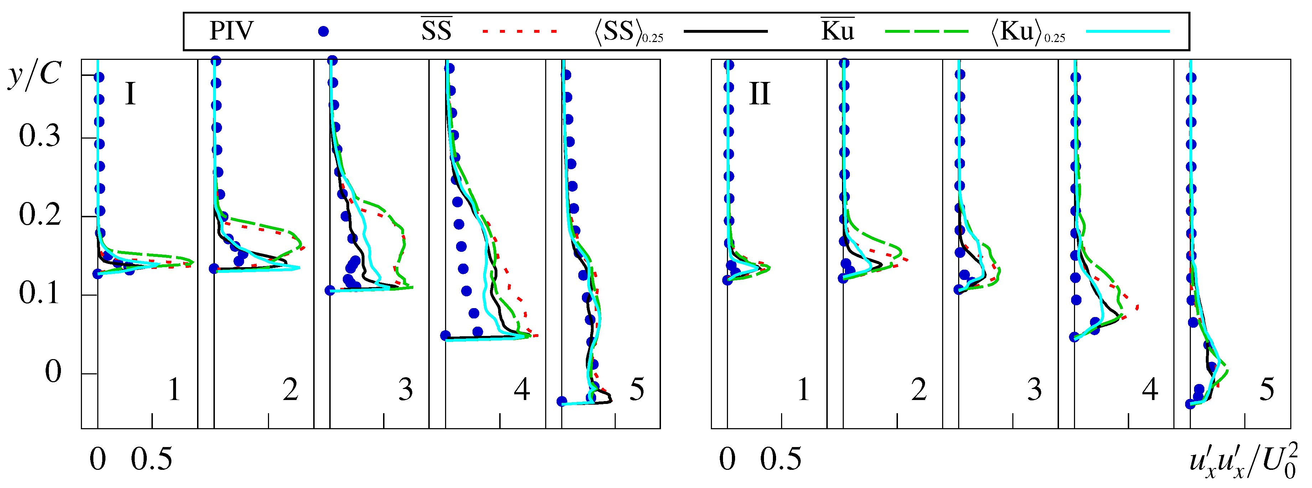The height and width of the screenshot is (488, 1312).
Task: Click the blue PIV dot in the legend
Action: point(323,32)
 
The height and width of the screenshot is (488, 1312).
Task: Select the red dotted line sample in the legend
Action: point(520,32)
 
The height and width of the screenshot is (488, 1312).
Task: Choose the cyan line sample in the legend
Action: point(1128,32)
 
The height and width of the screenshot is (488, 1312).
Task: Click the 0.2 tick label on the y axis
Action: point(39,215)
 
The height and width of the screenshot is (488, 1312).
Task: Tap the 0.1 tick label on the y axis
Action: point(39,294)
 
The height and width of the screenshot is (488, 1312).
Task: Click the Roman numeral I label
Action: point(130,94)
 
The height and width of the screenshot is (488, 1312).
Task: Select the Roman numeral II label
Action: point(759,94)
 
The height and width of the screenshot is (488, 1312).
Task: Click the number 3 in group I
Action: point(406,390)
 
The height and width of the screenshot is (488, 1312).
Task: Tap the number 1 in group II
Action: point(803,390)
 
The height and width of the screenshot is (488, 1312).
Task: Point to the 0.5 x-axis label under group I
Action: point(151,460)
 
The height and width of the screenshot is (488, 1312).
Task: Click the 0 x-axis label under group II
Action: point(727,460)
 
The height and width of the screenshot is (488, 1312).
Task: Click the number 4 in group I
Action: point(522,390)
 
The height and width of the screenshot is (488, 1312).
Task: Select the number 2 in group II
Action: point(919,390)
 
